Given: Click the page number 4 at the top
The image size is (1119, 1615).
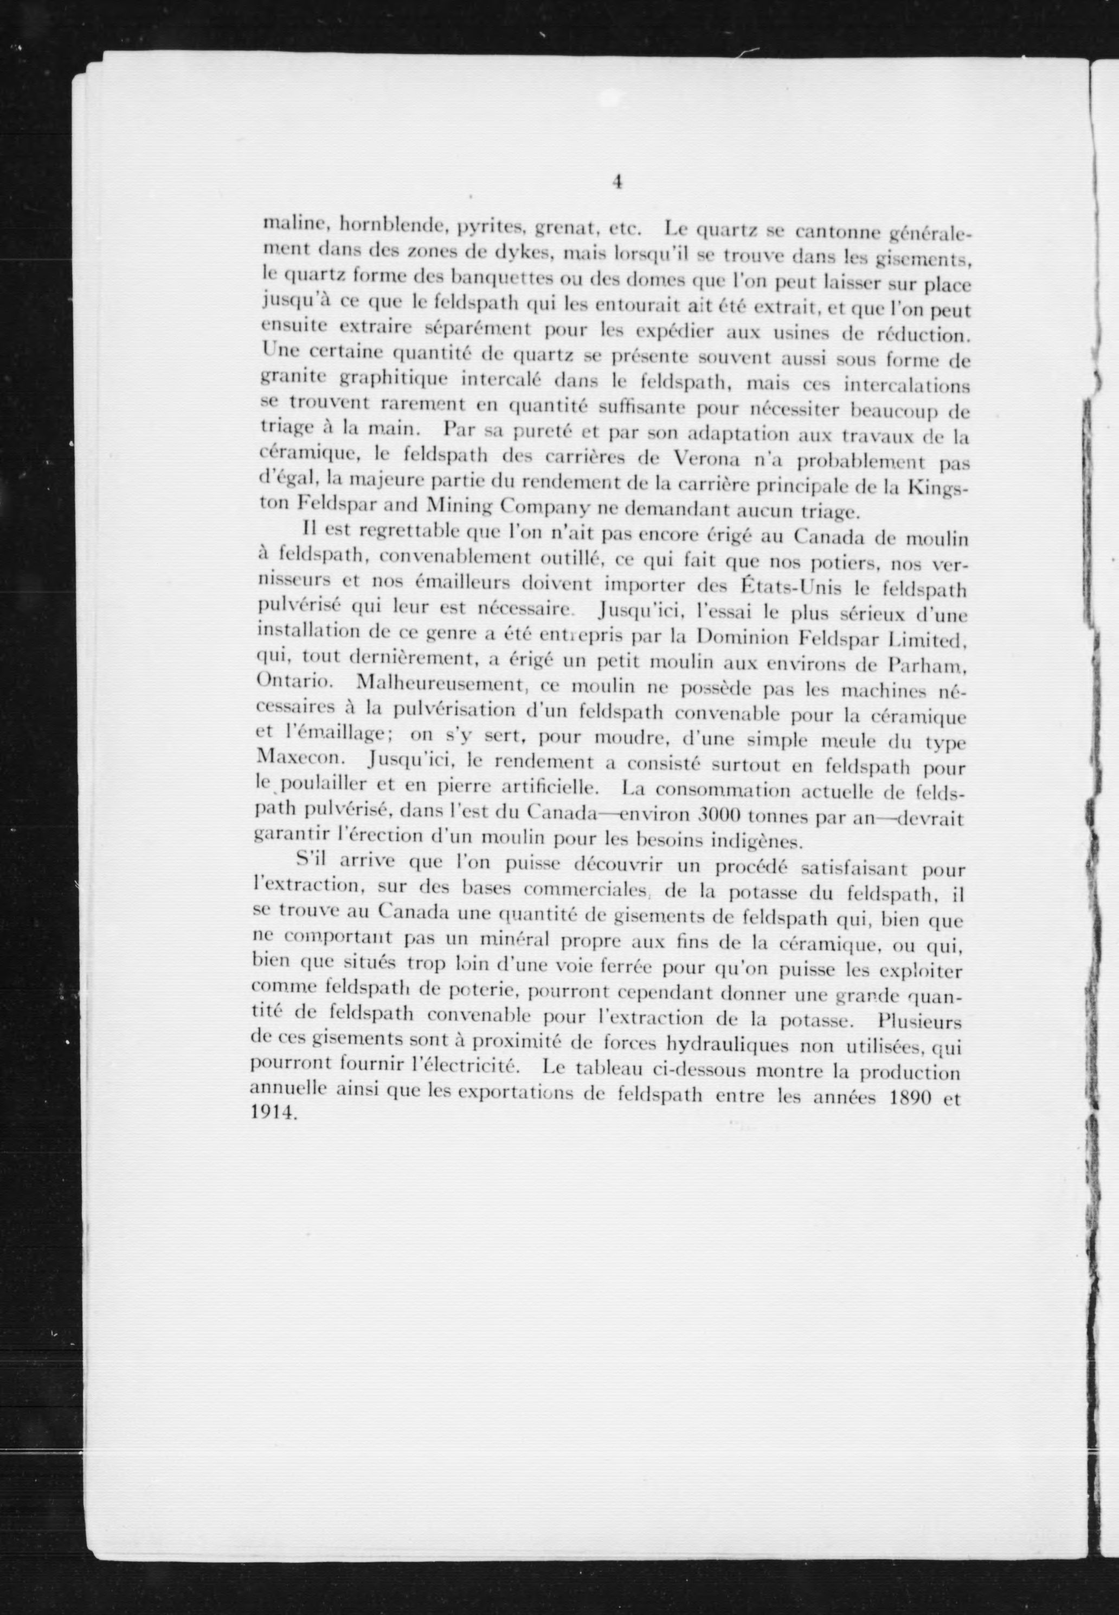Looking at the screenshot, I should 618,182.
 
